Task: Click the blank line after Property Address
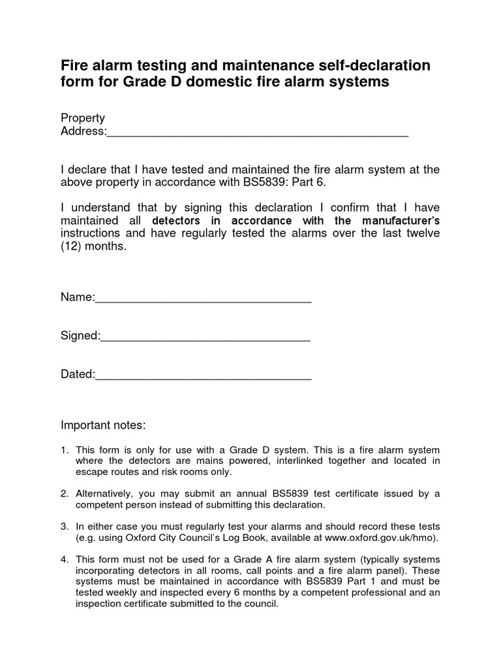258,133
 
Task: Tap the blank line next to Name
204,300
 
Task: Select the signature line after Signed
205,338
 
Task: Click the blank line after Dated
204,377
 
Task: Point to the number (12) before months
73,248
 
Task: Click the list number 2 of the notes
65,493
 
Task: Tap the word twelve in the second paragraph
423,234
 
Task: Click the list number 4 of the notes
65,560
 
